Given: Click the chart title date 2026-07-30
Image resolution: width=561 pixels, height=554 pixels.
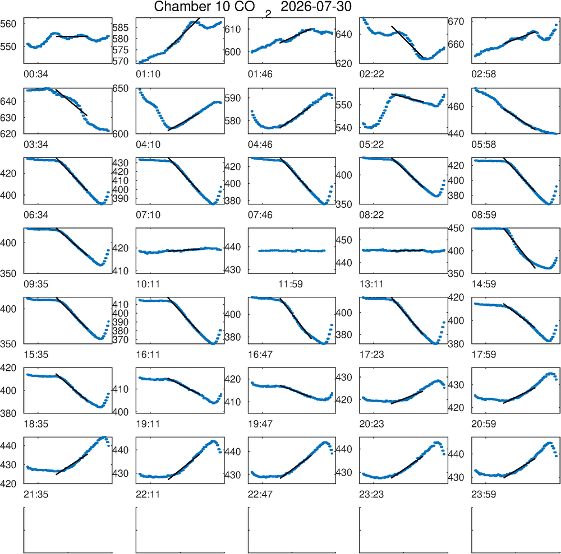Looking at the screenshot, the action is tap(316, 6).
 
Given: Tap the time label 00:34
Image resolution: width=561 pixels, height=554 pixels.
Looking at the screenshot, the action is tap(36, 75).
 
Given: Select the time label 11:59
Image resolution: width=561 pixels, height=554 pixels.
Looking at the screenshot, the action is tap(291, 285).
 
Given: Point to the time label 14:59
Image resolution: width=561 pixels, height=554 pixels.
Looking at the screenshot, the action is tap(484, 285).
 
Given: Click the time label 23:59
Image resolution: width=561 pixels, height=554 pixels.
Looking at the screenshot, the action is tap(484, 495).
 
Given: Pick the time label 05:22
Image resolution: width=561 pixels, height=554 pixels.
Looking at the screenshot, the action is tap(372, 145).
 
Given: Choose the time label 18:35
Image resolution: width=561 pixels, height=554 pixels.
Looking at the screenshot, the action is tap(36, 424).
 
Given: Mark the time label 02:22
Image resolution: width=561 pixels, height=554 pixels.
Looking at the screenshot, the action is tap(372, 75).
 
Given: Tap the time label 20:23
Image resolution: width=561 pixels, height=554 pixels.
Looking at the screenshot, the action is tap(372, 424).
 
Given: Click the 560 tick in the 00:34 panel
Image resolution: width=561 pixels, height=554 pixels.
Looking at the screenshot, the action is tap(8, 24).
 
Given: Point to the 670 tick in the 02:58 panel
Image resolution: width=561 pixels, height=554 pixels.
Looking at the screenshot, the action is tap(456, 21).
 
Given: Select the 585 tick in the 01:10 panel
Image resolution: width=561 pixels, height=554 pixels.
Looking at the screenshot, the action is tap(120, 27).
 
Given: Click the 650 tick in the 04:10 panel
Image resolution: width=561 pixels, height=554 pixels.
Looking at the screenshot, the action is tap(120, 89).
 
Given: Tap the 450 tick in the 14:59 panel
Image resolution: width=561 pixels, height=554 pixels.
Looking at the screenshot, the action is tap(456, 228).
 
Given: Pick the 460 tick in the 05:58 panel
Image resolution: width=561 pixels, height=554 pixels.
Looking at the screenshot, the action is tap(456, 106).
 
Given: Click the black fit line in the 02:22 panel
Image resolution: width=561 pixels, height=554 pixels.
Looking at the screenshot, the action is tap(407, 42).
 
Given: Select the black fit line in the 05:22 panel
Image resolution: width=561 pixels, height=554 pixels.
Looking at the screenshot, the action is tap(407, 98).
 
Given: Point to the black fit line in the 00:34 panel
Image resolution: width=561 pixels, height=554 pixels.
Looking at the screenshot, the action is tap(72, 36).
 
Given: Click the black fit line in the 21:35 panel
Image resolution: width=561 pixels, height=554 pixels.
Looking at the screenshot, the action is tap(72, 464).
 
